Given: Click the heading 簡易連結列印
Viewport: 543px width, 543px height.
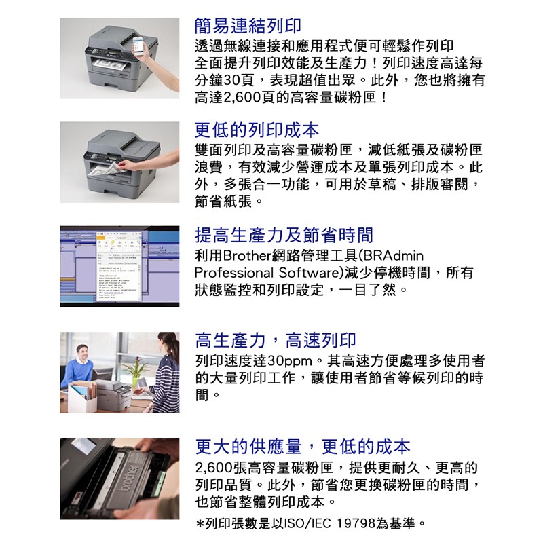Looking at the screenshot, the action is coord(248,26).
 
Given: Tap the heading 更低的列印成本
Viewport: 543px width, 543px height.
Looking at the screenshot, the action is coord(257,130).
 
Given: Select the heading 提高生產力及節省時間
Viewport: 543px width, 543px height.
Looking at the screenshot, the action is coord(284,235).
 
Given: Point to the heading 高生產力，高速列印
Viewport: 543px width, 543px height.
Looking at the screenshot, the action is coord(276,340).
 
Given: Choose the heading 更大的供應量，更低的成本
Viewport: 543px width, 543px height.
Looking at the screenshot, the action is coord(303,447).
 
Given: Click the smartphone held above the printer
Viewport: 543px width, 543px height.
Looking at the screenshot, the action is coord(138,45).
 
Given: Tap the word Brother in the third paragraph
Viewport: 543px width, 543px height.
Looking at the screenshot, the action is coord(248,256).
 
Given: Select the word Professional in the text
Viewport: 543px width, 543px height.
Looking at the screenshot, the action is coord(233,273).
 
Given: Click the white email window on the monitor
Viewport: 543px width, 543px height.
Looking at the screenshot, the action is coord(118,265).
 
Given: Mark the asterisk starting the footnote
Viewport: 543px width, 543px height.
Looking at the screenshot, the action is coord(200,523).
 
